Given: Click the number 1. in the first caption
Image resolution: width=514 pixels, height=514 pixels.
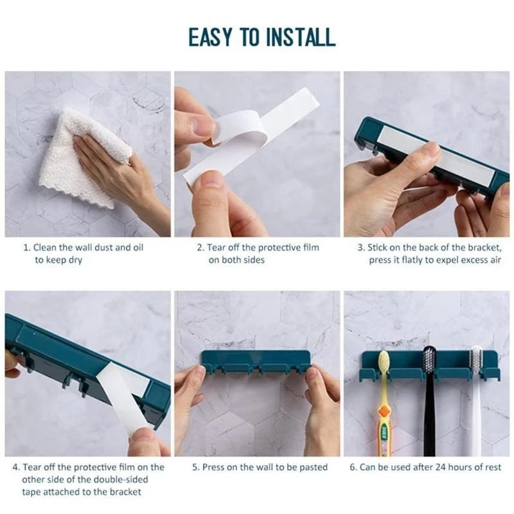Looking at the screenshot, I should click(x=27, y=247).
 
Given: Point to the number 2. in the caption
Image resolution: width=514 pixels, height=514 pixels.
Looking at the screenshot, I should click(x=200, y=247).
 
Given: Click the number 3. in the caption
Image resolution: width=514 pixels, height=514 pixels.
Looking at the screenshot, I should click(x=362, y=247).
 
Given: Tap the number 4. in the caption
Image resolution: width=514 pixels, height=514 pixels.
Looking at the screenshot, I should click(x=16, y=467).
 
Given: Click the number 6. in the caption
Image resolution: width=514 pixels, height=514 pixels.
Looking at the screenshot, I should click(x=353, y=467).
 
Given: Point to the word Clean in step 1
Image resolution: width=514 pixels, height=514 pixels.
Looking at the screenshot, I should click(x=46, y=247).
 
